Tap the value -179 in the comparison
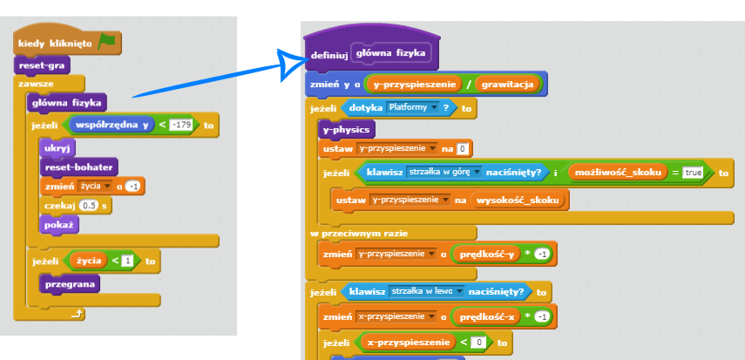[x=181, y=126]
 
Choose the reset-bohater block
[x=69, y=167]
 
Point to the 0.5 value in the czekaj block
[x=89, y=206]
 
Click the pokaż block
[x=58, y=224]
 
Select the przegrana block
[x=70, y=283]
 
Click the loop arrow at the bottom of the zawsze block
[x=78, y=313]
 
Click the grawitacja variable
[x=508, y=85]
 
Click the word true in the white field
[x=693, y=173]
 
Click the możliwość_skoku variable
[x=617, y=173]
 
